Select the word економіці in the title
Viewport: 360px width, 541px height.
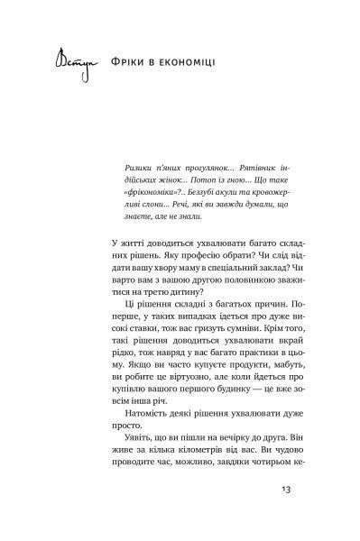tap(202, 67)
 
